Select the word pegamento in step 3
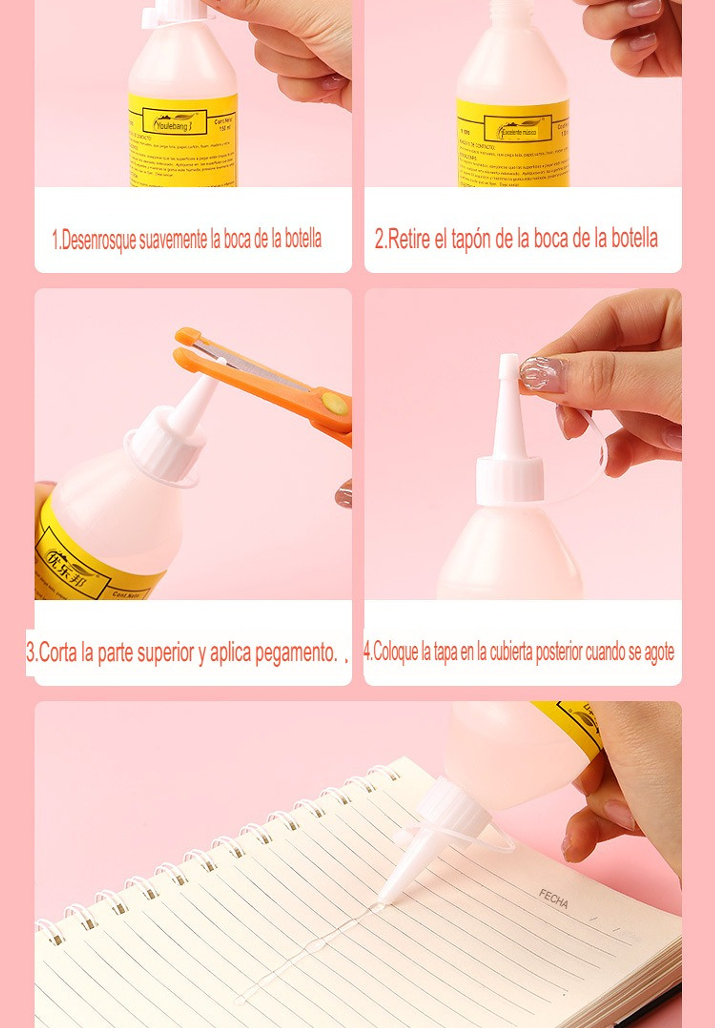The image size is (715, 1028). [296, 652]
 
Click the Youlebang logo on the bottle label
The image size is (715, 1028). [174, 123]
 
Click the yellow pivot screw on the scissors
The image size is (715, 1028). [335, 403]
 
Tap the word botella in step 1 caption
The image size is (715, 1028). [303, 239]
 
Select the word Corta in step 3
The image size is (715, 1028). [58, 652]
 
